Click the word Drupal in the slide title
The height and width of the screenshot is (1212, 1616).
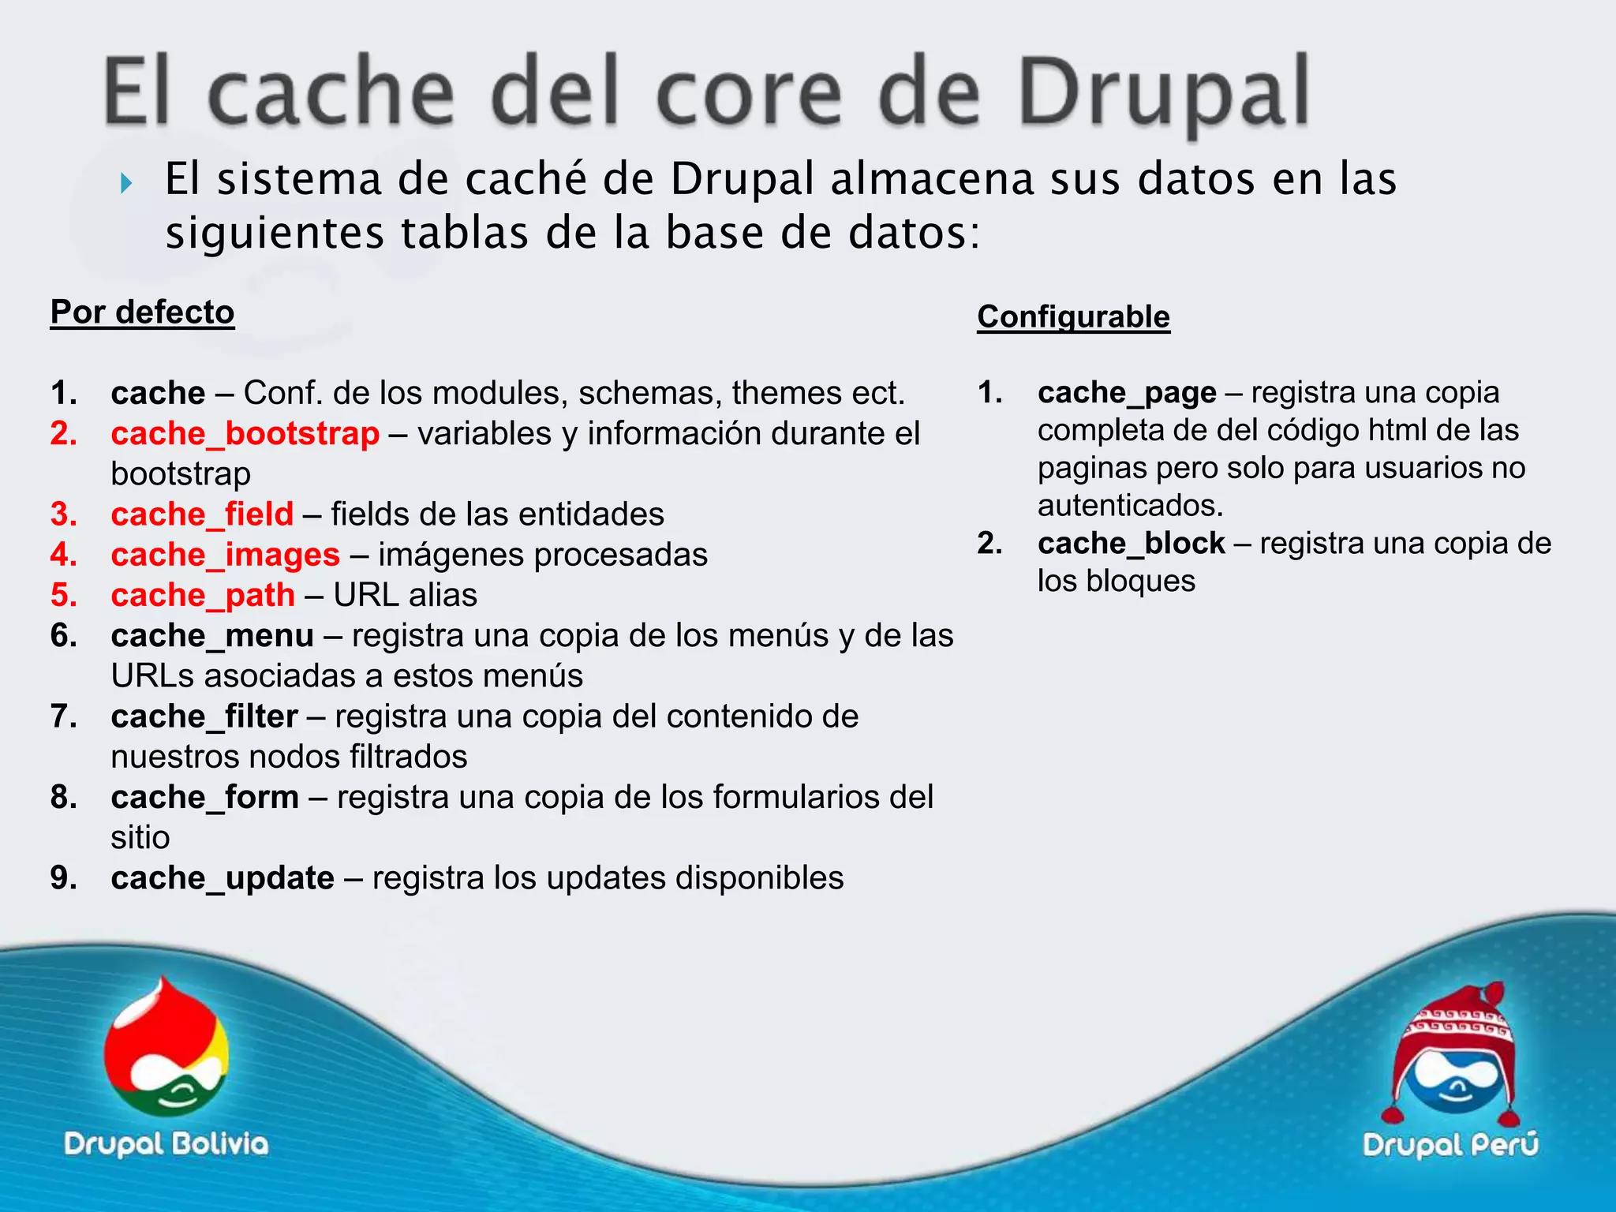(1163, 92)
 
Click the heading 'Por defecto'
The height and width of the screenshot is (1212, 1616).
(142, 312)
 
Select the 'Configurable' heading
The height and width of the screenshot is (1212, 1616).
(1073, 317)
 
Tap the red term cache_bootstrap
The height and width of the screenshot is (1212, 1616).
(245, 434)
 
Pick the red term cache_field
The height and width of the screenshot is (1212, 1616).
(202, 514)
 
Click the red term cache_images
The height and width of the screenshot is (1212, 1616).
(225, 555)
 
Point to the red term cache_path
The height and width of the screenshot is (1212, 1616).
(203, 595)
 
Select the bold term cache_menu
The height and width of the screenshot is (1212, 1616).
(212, 635)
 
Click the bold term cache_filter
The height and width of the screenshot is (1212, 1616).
(204, 716)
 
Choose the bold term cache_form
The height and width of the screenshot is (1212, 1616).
(204, 797)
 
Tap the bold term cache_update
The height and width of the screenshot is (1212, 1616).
(223, 878)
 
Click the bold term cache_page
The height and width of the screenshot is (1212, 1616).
(1127, 392)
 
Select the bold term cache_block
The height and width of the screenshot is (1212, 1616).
(1131, 544)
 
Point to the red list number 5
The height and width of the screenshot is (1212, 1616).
(63, 595)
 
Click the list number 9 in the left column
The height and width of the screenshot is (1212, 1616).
(63, 878)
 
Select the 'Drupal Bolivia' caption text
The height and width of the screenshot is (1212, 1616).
(166, 1144)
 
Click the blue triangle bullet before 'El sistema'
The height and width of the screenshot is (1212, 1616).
(125, 184)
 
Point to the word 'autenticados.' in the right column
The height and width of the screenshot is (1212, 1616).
(1130, 506)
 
